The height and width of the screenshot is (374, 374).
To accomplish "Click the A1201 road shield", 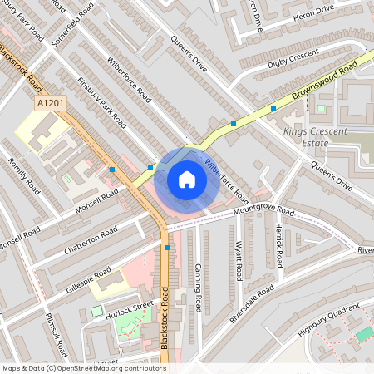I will (50, 102).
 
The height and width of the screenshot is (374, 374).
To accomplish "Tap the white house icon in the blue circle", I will (187, 180).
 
